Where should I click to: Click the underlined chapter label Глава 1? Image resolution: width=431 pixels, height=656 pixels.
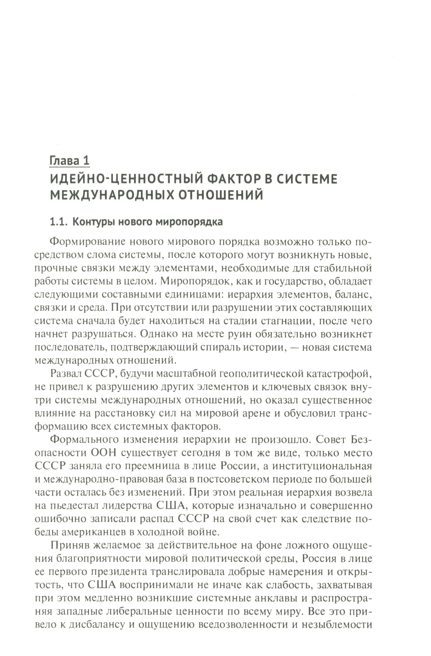pyautogui.click(x=69, y=161)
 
